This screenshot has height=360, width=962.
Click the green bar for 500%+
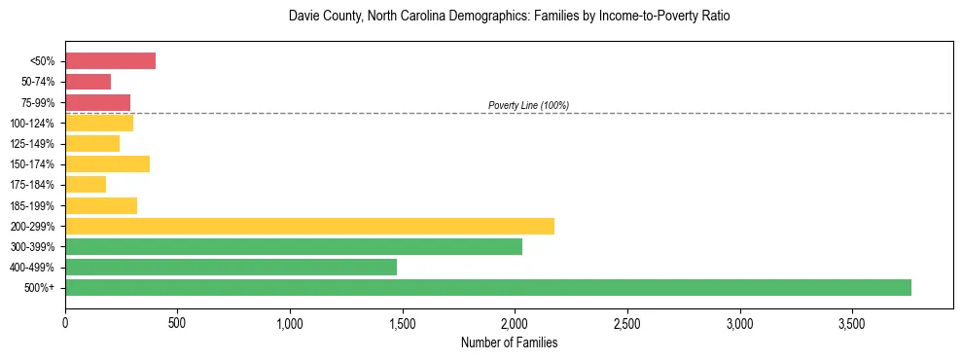[x=487, y=287]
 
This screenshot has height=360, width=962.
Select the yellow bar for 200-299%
[x=309, y=226]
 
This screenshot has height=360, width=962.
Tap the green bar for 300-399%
[x=293, y=246]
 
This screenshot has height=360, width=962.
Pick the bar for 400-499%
[x=231, y=267]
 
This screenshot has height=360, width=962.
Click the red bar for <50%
[x=110, y=61]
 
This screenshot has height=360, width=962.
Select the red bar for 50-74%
[x=88, y=82]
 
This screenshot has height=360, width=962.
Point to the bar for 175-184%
[x=86, y=184]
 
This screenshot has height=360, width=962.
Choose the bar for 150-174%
[x=107, y=163]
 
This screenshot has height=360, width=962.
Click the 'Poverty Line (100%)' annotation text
[x=528, y=105]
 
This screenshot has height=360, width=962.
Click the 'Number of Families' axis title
[x=509, y=342]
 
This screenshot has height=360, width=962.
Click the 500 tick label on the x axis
[x=177, y=321]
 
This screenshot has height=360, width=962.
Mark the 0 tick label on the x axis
[x=65, y=321]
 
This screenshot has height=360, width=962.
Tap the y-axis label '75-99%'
[x=38, y=103]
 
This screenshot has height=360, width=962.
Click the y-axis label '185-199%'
[x=34, y=205]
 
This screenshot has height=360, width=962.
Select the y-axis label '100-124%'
[x=34, y=124]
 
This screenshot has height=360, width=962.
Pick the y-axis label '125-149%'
[x=34, y=144]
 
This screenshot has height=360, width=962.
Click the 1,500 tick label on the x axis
[x=403, y=321]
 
